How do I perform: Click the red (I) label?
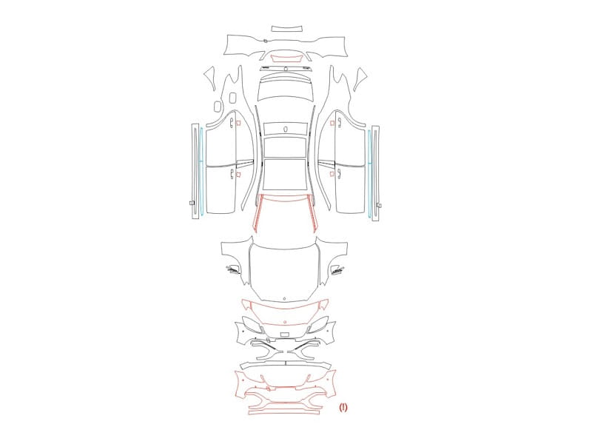pyautogui.click(x=343, y=407)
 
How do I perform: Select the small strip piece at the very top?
pyautogui.click(x=287, y=29)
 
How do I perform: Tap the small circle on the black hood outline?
pyautogui.click(x=284, y=299)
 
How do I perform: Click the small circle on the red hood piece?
pyautogui.click(x=284, y=322)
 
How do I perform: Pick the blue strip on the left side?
pyautogui.click(x=201, y=171)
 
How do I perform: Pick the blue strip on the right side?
pyautogui.click(x=369, y=173)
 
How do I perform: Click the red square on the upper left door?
pyautogui.click(x=238, y=123)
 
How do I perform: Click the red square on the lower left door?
pyautogui.click(x=238, y=174)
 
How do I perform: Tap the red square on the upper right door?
pyautogui.click(x=332, y=123)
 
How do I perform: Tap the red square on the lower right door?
pyautogui.click(x=332, y=174)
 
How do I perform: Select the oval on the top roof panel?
pyautogui.click(x=285, y=129)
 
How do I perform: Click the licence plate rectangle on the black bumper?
pyautogui.click(x=284, y=334)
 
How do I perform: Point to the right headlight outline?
pyautogui.click(x=319, y=324)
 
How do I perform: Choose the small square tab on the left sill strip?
pyautogui.click(x=192, y=203)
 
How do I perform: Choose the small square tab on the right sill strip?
pyautogui.click(x=379, y=206)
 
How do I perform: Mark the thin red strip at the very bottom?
pyautogui.click(x=283, y=412)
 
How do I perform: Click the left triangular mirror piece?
pyautogui.click(x=210, y=77)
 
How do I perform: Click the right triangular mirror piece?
pyautogui.click(x=360, y=78)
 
